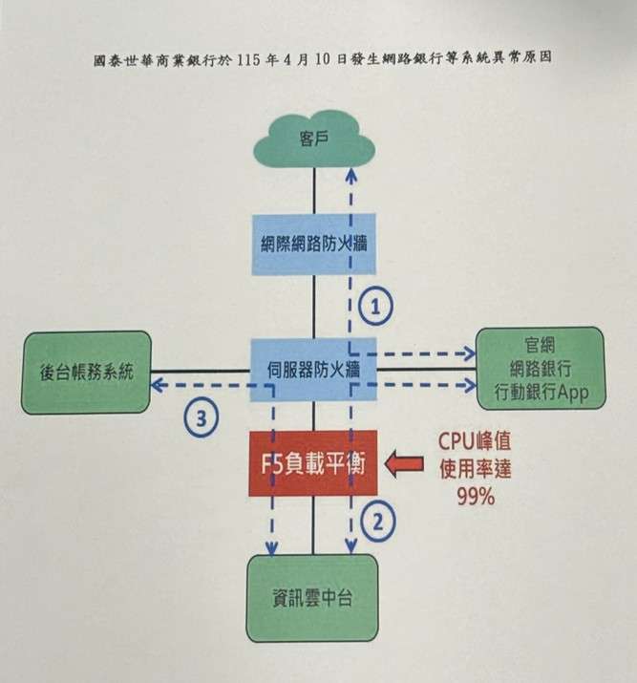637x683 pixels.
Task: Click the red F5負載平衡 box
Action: click(314, 463)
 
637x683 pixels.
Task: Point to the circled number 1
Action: click(376, 307)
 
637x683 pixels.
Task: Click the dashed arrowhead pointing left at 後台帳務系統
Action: click(157, 384)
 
